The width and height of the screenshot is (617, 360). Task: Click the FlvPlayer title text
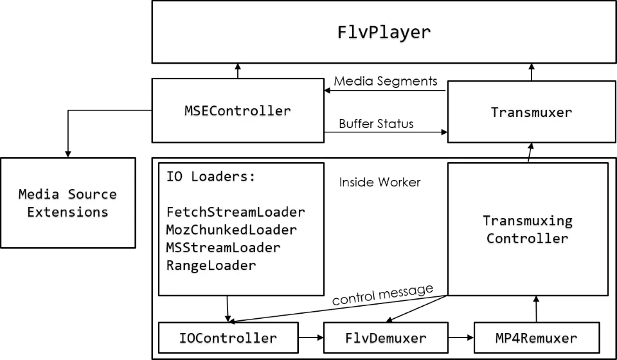pyautogui.click(x=384, y=32)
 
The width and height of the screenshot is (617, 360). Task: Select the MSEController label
pyautogui.click(x=238, y=111)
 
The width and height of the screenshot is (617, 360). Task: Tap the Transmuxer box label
pyautogui.click(x=532, y=113)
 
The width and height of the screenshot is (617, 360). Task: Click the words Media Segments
pyautogui.click(x=386, y=81)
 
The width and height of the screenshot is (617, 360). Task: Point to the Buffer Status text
pyautogui.click(x=376, y=123)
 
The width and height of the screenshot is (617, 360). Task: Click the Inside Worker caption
pyautogui.click(x=380, y=182)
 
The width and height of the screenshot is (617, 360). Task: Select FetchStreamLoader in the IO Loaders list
pyautogui.click(x=236, y=212)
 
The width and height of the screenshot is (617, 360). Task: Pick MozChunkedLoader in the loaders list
pyautogui.click(x=231, y=230)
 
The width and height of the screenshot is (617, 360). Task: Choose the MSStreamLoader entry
pyautogui.click(x=223, y=248)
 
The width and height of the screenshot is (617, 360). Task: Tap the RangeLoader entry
pyautogui.click(x=211, y=265)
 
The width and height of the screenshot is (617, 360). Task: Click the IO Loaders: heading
pyautogui.click(x=211, y=177)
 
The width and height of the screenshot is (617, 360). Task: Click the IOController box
pyautogui.click(x=228, y=338)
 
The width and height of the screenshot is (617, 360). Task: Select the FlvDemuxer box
pyautogui.click(x=386, y=338)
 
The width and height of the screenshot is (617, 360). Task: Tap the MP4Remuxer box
pyautogui.click(x=537, y=338)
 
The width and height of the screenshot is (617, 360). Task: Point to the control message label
pyautogui.click(x=382, y=294)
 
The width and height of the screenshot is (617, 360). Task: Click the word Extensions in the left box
pyautogui.click(x=67, y=212)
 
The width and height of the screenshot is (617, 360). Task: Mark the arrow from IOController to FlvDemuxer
pyautogui.click(x=311, y=337)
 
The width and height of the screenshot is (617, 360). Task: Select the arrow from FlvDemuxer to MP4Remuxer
pyautogui.click(x=461, y=337)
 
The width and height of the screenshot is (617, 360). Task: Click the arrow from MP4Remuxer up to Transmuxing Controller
pyautogui.click(x=536, y=309)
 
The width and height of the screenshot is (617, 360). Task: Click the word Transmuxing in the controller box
pyautogui.click(x=528, y=221)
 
